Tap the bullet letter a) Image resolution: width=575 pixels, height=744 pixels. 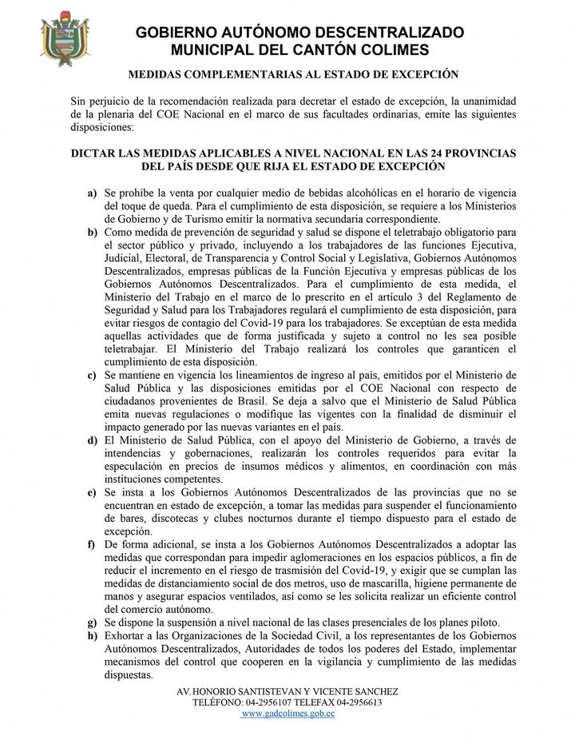pos(93,194)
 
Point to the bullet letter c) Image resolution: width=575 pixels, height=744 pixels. pos(93,375)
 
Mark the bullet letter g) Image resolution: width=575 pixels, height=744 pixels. pos(93,623)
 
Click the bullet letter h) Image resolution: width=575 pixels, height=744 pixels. pos(93,635)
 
